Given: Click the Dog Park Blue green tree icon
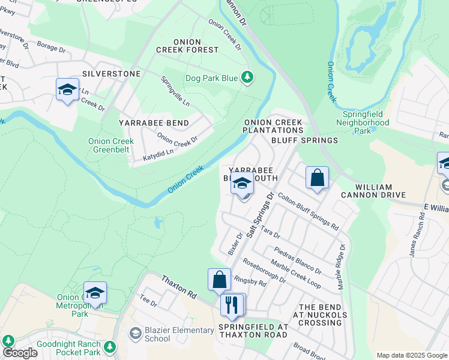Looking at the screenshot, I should (x=247, y=77).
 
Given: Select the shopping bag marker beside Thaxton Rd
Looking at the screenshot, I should (x=219, y=280).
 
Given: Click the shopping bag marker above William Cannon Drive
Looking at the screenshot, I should (x=317, y=178).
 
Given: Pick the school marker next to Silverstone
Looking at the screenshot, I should (x=67, y=90).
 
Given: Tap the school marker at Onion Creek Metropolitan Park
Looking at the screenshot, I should (x=95, y=293).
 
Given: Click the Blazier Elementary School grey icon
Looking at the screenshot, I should (x=136, y=332).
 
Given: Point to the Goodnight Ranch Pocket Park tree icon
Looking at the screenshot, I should (x=109, y=346).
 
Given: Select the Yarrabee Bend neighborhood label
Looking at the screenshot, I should (x=154, y=123).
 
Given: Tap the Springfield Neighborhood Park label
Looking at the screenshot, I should (x=366, y=122).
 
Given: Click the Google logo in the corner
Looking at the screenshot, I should (x=20, y=353).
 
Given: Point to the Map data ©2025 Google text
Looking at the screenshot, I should (x=411, y=355).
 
